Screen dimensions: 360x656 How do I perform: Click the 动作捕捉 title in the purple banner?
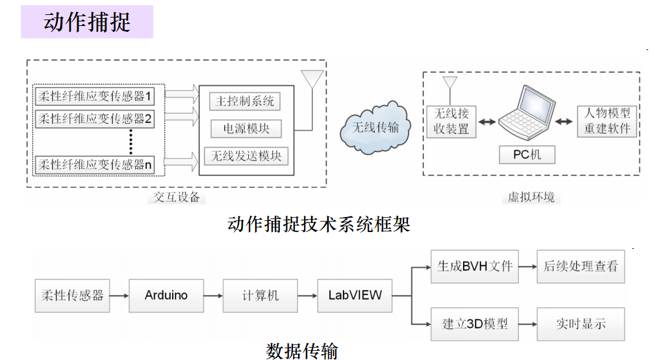pyautogui.click(x=87, y=22)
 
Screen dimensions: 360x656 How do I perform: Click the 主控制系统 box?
pyautogui.click(x=245, y=102)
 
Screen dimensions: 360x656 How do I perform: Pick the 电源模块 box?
pyautogui.click(x=246, y=129)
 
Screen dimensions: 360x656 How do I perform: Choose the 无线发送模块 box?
pyautogui.click(x=246, y=157)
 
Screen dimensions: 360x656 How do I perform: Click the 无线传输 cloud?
pyautogui.click(x=375, y=127)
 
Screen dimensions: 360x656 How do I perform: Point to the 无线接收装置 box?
pyautogui.click(x=451, y=121)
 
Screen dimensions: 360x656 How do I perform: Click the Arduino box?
pyautogui.click(x=166, y=296)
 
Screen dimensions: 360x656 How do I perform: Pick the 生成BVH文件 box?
pyautogui.click(x=475, y=266)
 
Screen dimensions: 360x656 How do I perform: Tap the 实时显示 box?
pyautogui.click(x=581, y=323)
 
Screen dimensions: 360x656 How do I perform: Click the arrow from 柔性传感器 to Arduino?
pyautogui.click(x=118, y=296)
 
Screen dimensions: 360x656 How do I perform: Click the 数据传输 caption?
pyautogui.click(x=302, y=352)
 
